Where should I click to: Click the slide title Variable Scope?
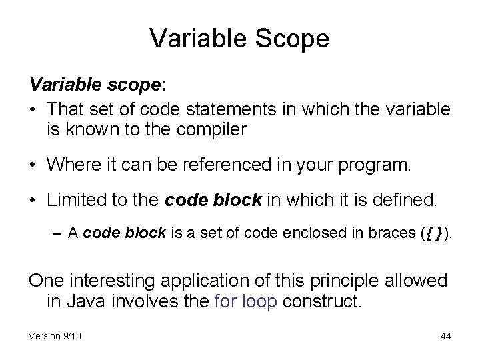pyautogui.click(x=239, y=38)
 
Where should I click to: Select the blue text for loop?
pyautogui.click(x=247, y=303)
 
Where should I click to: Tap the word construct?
pyautogui.click(x=322, y=303)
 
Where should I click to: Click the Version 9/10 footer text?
pyautogui.click(x=55, y=336)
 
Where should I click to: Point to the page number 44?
pyautogui.click(x=445, y=336)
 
